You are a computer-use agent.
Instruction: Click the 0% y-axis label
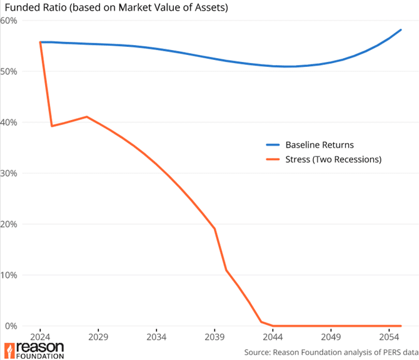[x=11, y=326]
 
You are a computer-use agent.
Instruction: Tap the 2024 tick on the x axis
[x=40, y=336]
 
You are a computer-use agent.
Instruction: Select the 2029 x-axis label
[x=98, y=336]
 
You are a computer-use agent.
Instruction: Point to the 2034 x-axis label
[x=156, y=336]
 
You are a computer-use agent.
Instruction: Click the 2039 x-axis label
[x=215, y=336]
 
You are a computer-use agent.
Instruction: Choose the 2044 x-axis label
[x=273, y=336]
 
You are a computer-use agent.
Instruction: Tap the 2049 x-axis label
[x=331, y=336]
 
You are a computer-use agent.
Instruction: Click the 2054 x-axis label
[x=389, y=336]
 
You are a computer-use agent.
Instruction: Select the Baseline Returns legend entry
[x=319, y=145]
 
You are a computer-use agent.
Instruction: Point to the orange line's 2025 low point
[x=52, y=126]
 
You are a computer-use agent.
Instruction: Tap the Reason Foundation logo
[x=34, y=350]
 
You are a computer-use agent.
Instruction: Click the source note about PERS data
[x=331, y=352]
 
